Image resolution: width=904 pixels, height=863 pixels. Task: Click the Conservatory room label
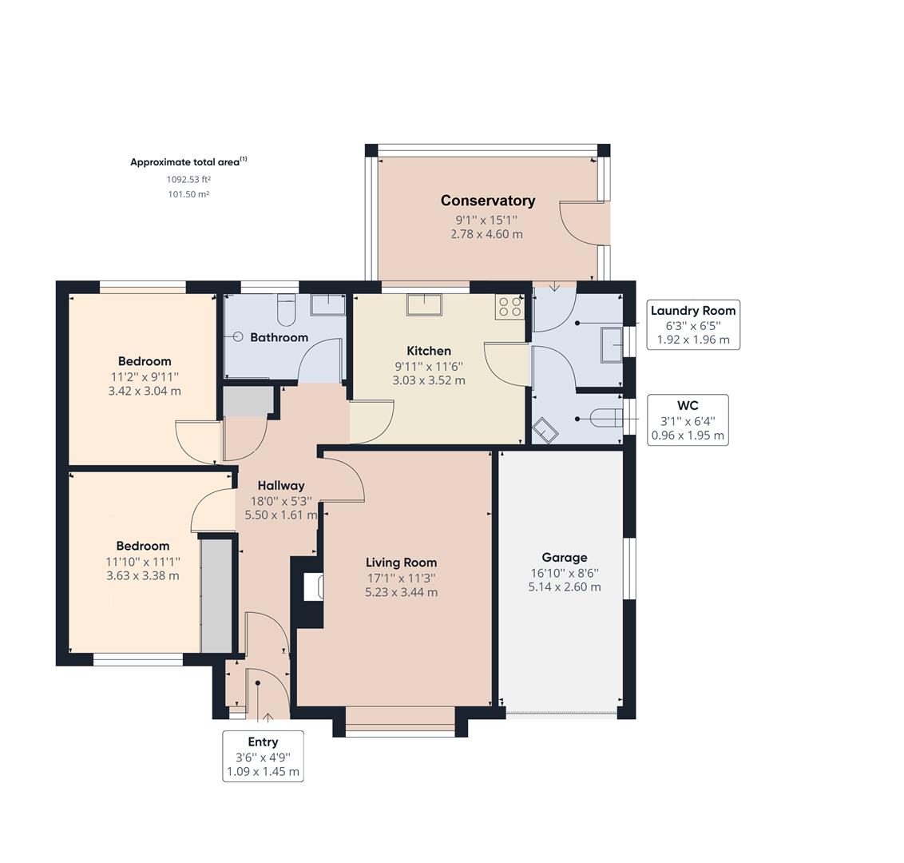tap(488, 201)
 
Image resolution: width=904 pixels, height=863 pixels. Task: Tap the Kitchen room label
tap(429, 351)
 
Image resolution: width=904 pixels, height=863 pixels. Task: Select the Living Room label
tap(401, 563)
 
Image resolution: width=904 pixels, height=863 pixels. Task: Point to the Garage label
tap(565, 557)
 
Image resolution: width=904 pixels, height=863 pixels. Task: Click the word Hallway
tap(281, 486)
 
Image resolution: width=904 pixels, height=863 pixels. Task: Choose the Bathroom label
tap(279, 337)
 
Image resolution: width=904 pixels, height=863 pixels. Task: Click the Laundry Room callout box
tap(693, 324)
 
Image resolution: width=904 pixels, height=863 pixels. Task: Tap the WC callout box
tap(688, 420)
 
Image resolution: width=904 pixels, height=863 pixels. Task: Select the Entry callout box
tap(263, 756)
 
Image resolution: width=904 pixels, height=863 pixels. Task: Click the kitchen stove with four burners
tap(509, 307)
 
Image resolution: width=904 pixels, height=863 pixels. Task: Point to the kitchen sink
tap(424, 304)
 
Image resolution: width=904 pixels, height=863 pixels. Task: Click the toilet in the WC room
tap(607, 418)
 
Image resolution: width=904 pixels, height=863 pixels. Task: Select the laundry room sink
tap(612, 345)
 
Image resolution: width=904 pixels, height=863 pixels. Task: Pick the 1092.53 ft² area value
tap(188, 180)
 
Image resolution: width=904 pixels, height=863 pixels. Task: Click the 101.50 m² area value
tap(188, 194)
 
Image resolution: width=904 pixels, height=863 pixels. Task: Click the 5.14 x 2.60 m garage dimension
tap(565, 587)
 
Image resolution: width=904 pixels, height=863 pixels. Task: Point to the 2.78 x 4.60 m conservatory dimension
tap(487, 234)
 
